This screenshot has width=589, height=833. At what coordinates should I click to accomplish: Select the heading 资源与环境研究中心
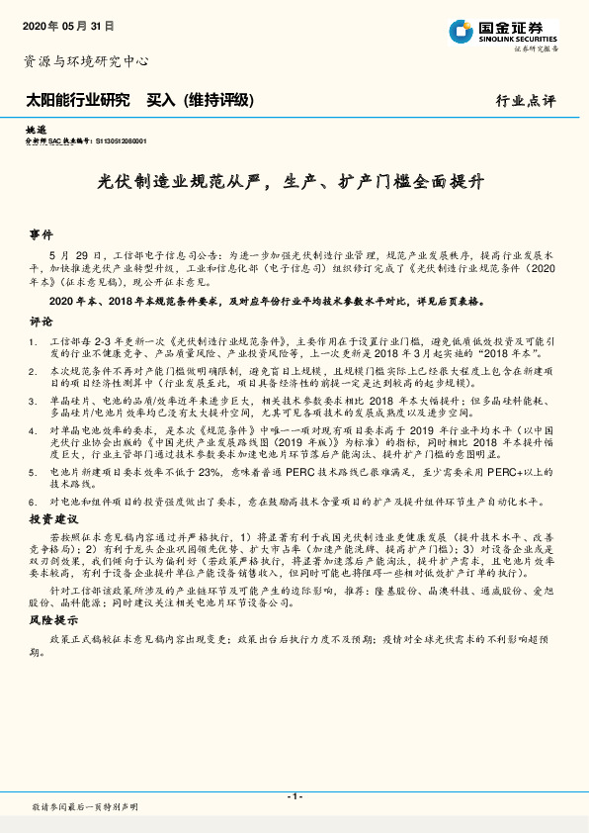pyautogui.click(x=86, y=61)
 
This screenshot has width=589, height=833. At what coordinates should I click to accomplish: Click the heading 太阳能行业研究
pyautogui.click(x=77, y=100)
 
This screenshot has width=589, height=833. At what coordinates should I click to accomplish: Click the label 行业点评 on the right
pyautogui.click(x=526, y=101)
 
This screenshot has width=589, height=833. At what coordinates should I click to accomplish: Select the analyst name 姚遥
pyautogui.click(x=35, y=130)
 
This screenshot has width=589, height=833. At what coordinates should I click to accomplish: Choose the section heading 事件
pyautogui.click(x=42, y=235)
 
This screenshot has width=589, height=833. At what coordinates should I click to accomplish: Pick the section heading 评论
pyautogui.click(x=41, y=322)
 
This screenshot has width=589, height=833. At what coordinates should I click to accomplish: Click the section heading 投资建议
pyautogui.click(x=53, y=518)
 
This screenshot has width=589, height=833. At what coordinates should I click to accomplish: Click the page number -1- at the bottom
pyautogui.click(x=294, y=796)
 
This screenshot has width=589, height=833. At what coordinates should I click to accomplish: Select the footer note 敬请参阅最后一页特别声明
pyautogui.click(x=85, y=807)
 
